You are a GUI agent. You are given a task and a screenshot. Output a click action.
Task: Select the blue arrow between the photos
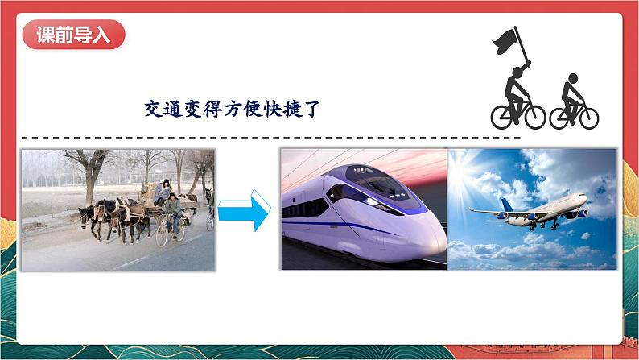(x=245, y=210)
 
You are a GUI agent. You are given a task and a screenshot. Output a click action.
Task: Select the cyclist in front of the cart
(x=171, y=212)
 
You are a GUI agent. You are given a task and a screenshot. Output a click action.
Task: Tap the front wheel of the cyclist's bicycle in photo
(x=162, y=236)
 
